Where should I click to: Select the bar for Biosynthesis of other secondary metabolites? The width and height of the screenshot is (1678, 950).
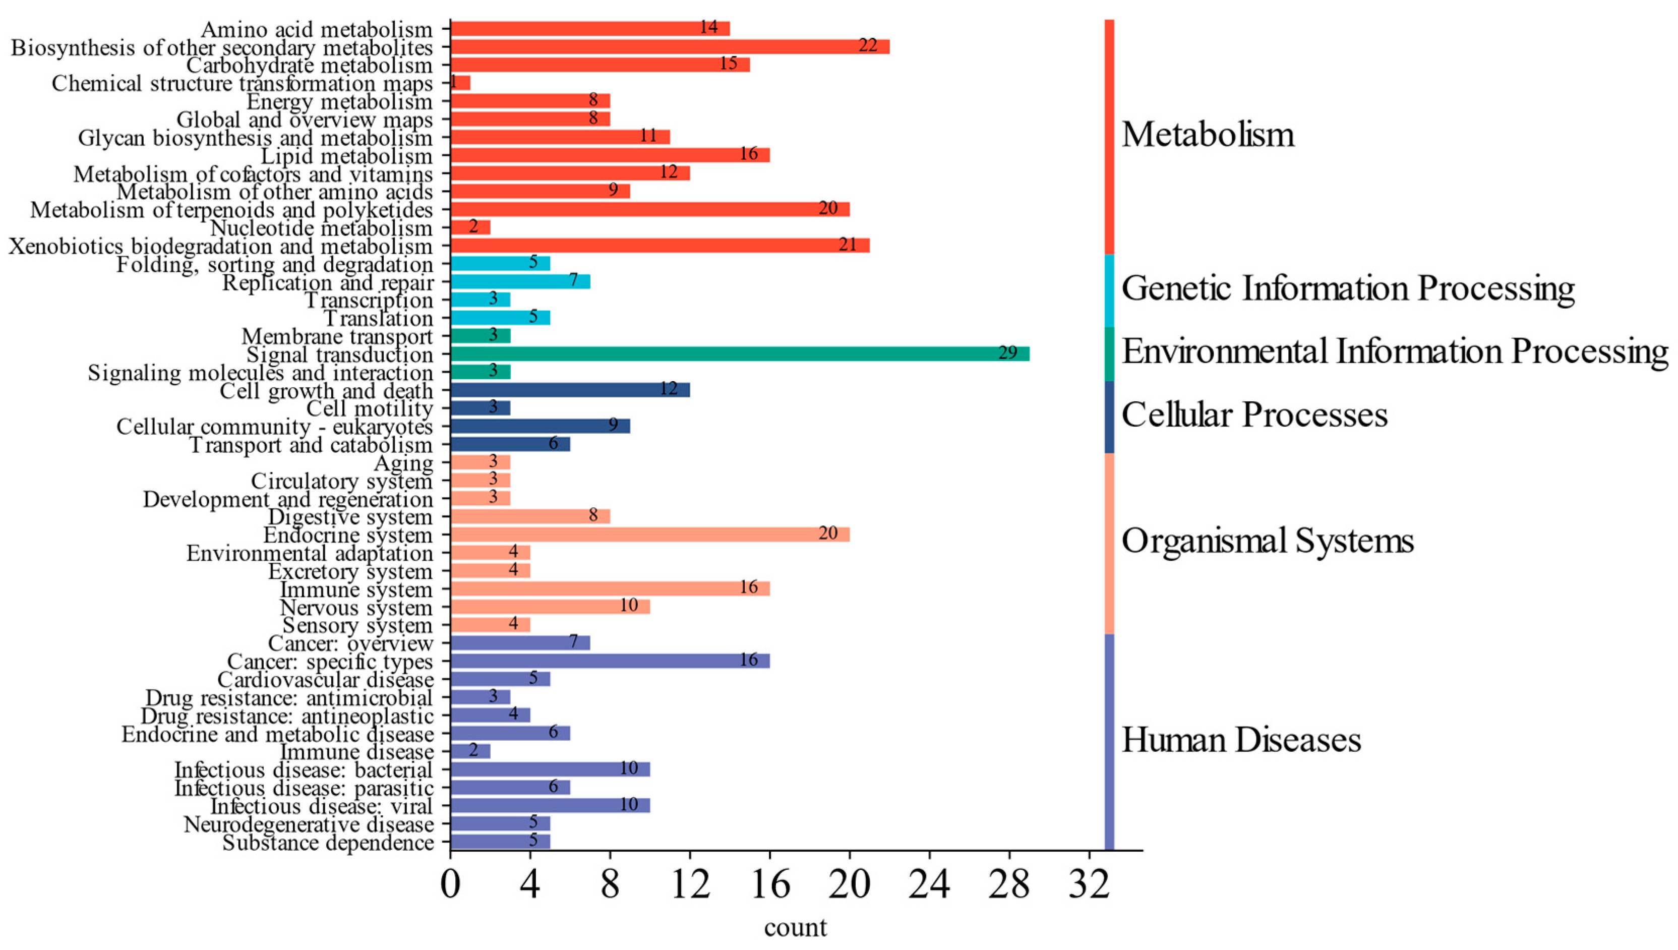tap(670, 47)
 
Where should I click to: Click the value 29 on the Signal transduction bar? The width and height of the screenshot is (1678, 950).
tap(1007, 353)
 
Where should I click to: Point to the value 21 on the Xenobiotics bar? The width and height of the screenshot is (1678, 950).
tap(847, 245)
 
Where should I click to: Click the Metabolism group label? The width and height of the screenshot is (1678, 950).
tap(1208, 135)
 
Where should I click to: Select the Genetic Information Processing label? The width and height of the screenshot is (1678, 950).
tap(1348, 288)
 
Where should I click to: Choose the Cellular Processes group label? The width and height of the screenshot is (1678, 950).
tap(1254, 415)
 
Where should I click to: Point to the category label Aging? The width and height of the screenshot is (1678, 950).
tap(403, 464)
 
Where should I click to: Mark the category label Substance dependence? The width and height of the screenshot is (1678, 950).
tap(328, 843)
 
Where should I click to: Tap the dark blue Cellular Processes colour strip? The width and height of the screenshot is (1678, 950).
tap(1109, 417)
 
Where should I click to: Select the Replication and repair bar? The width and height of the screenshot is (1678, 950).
tap(520, 282)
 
